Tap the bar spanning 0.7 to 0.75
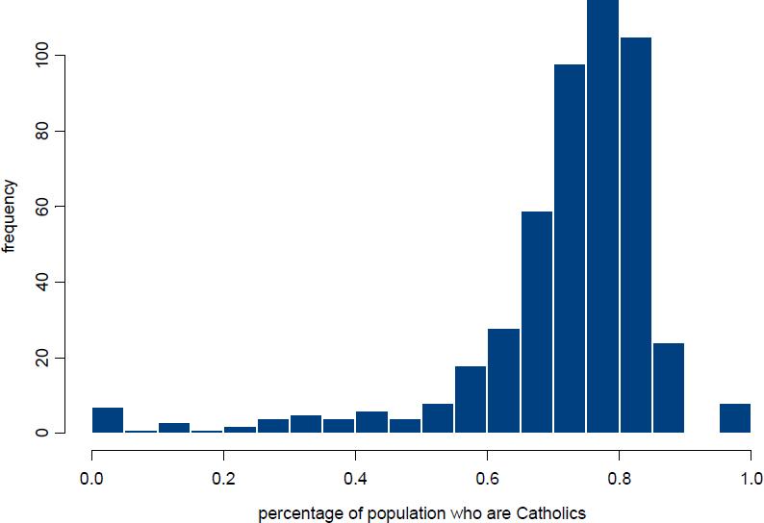[570, 249]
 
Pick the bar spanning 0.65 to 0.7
[536, 322]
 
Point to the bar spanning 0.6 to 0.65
[503, 381]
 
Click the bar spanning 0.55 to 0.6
[471, 400]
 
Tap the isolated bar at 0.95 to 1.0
[734, 418]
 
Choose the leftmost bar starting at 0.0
[108, 420]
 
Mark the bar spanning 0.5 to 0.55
[438, 418]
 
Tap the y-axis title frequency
[10, 215]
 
